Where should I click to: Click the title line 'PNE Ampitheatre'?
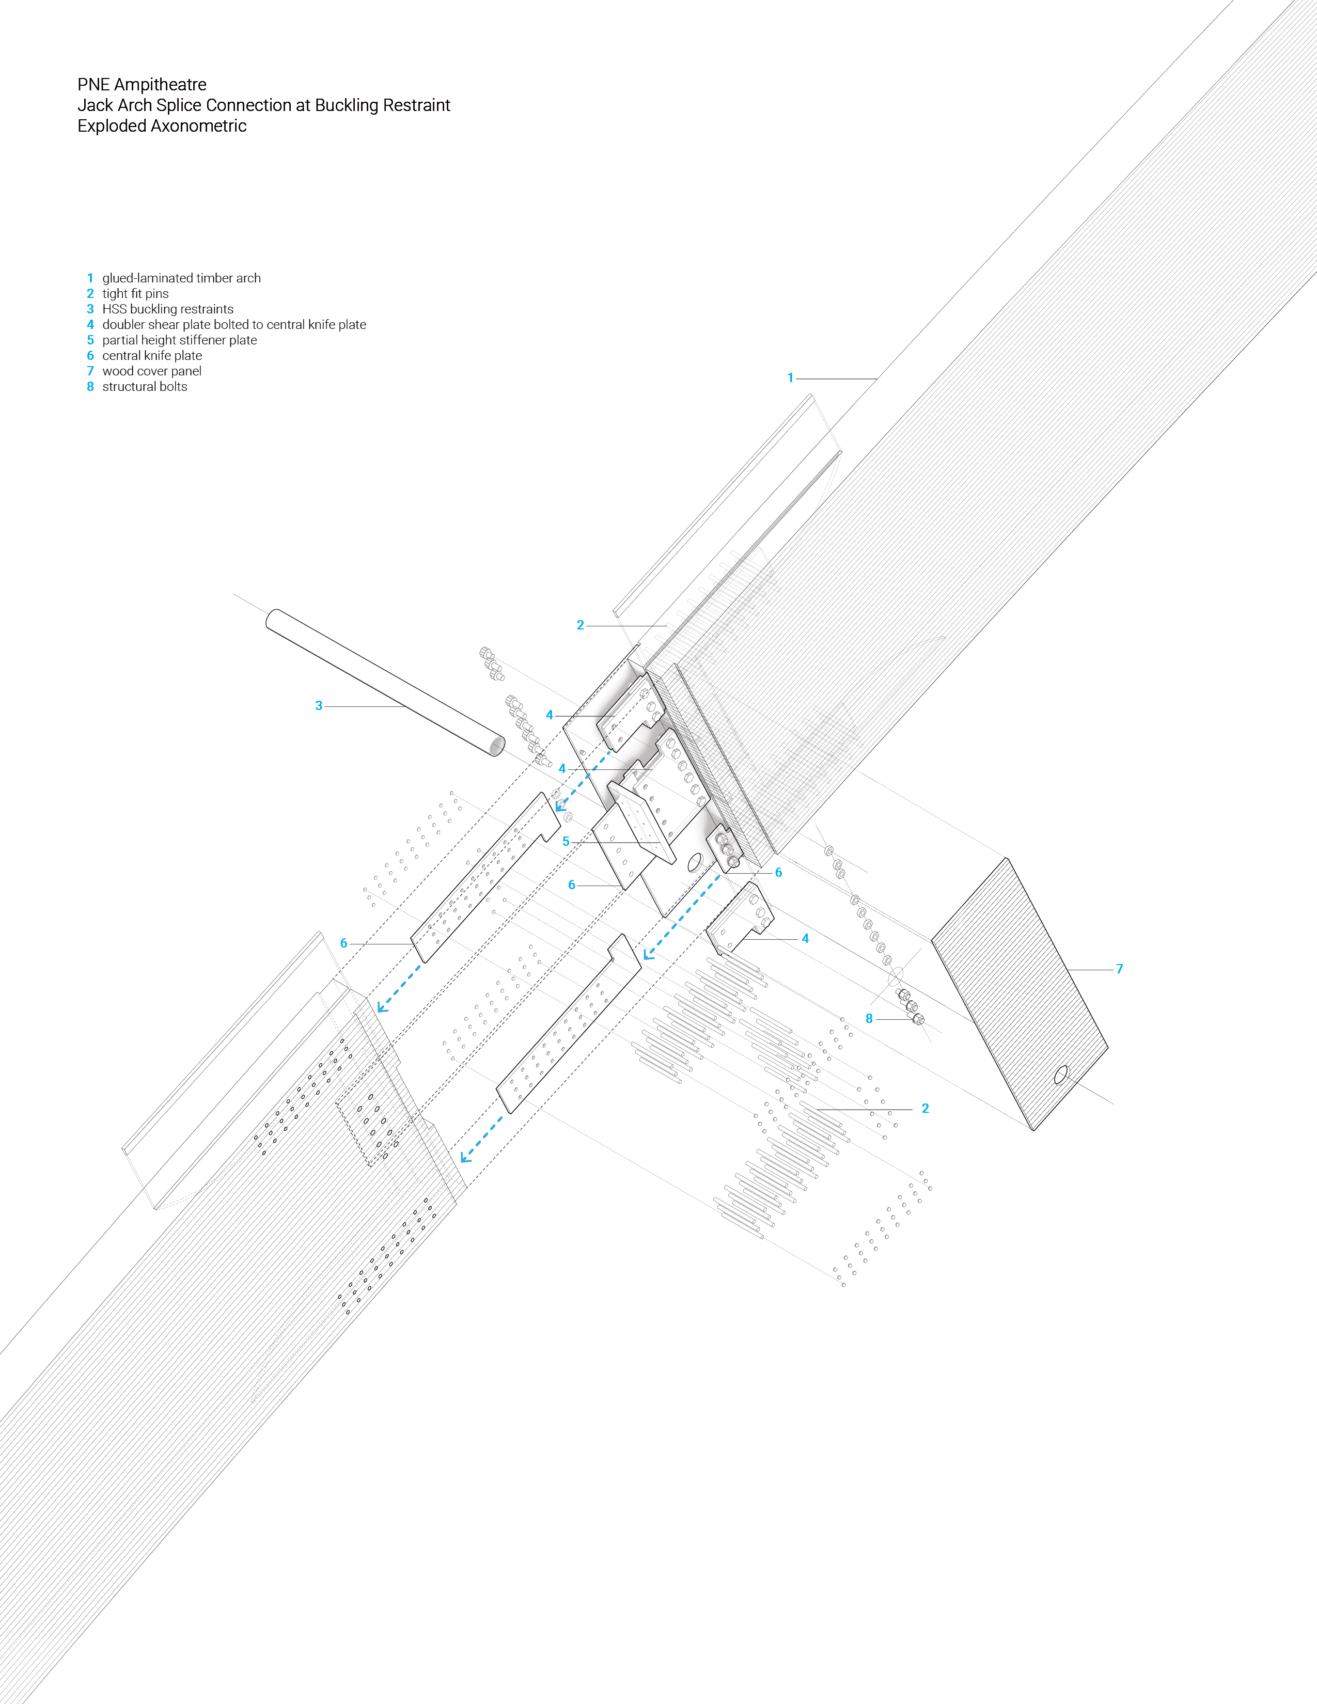[142, 84]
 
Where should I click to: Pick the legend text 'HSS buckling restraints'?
[168, 309]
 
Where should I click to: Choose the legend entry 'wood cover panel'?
[151, 371]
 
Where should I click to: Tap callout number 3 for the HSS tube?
[318, 706]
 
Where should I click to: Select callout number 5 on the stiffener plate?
[566, 842]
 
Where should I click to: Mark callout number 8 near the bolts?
[869, 1019]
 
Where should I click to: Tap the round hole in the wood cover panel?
[1061, 1075]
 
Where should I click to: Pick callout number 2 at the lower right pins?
[926, 1109]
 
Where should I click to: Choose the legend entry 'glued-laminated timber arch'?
[182, 278]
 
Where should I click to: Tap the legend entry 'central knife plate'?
[152, 356]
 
